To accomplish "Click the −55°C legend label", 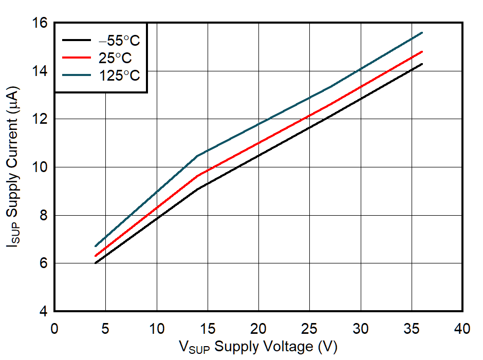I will [119, 41].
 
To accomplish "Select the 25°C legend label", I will [115, 58].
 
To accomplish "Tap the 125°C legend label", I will [119, 75].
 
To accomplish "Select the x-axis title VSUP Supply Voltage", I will [258, 347].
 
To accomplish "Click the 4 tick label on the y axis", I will [44, 311].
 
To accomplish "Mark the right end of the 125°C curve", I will [422, 32].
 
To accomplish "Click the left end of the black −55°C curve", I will [96, 263].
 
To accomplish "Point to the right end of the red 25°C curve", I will [422, 51].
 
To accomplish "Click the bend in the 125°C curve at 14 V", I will [197, 156].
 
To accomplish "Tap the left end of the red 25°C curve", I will [96, 256].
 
